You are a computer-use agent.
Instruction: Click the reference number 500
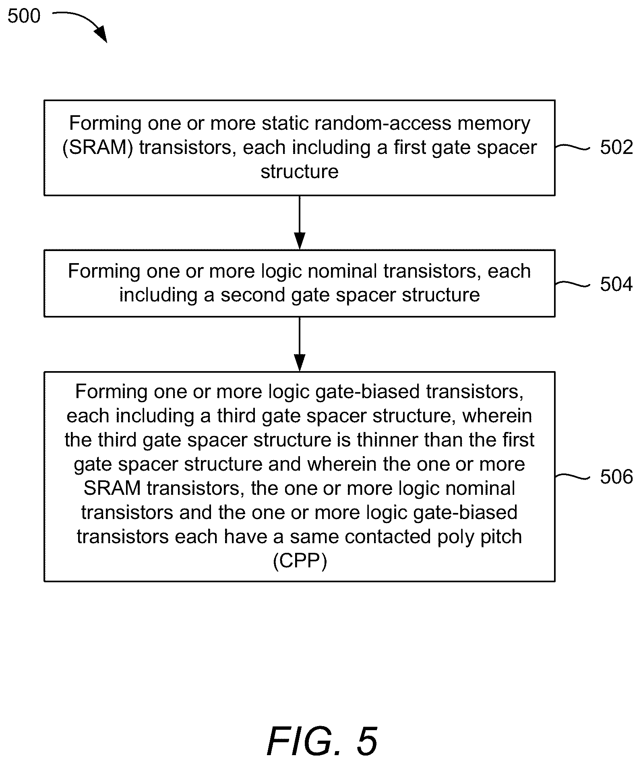point(24,17)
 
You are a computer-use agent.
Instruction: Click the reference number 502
point(616,147)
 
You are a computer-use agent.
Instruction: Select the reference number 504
point(616,284)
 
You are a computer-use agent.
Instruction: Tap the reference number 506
point(616,477)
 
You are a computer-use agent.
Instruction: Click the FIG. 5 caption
point(322,741)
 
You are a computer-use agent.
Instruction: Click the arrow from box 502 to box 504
point(300,222)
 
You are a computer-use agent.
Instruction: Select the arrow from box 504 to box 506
point(300,344)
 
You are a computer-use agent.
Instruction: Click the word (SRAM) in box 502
point(98,148)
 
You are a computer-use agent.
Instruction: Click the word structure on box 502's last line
point(300,172)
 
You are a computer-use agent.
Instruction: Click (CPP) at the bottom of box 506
point(300,561)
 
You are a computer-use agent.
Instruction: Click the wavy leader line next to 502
point(573,147)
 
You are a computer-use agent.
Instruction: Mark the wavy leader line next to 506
point(573,477)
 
